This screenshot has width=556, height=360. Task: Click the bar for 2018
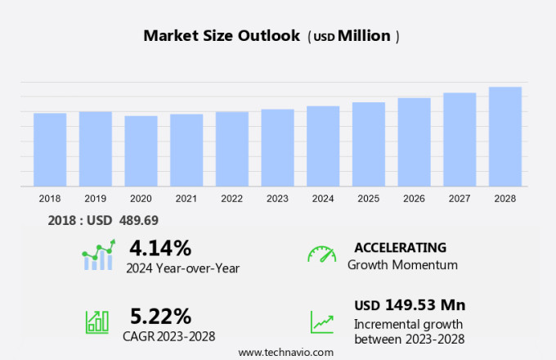pos(50,150)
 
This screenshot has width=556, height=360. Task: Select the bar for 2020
pos(141,151)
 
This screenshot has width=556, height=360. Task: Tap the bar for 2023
pos(278,148)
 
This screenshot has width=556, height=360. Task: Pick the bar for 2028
pos(505,137)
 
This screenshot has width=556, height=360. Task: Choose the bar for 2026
pos(415,142)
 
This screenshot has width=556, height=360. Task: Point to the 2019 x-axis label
pos(96,198)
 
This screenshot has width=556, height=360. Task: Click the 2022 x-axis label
pos(232,198)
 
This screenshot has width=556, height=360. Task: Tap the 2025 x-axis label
pos(369,198)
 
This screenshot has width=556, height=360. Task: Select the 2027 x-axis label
pos(460,198)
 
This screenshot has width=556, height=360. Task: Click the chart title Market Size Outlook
pos(221,36)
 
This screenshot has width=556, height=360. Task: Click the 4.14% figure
pos(160,247)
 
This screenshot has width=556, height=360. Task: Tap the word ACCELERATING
pos(400,247)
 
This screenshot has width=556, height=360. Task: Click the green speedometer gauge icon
pos(321,254)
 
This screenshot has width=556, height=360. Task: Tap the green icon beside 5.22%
pos(97,322)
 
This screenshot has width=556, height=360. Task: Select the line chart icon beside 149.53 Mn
pos(321,322)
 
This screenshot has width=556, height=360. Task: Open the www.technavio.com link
pos(286,352)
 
